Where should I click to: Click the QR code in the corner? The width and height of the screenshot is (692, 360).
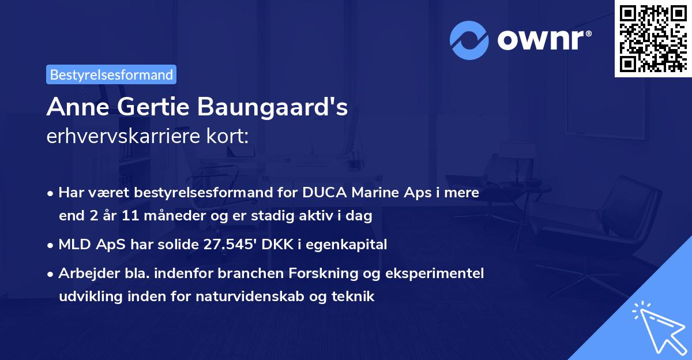(x=653, y=38)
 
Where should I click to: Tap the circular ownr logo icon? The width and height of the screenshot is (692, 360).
(x=469, y=40)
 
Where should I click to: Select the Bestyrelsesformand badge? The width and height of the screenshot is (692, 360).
(x=111, y=74)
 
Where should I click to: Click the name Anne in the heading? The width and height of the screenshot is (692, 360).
(x=74, y=107)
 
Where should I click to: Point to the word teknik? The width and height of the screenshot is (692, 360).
(x=356, y=297)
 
